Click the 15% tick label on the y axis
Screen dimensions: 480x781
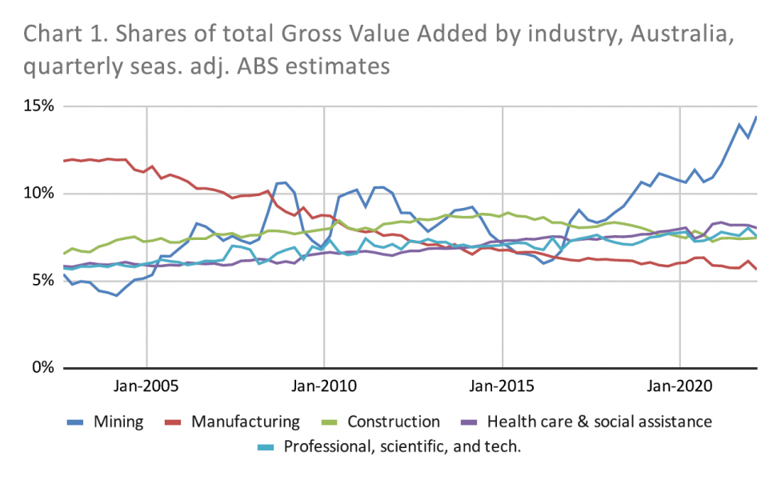38,106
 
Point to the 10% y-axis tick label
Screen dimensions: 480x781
38,194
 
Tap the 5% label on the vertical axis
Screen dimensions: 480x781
42,281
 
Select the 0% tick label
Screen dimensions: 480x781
42,368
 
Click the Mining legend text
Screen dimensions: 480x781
119,422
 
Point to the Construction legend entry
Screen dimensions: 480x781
393,422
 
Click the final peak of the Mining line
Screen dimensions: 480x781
756,117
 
